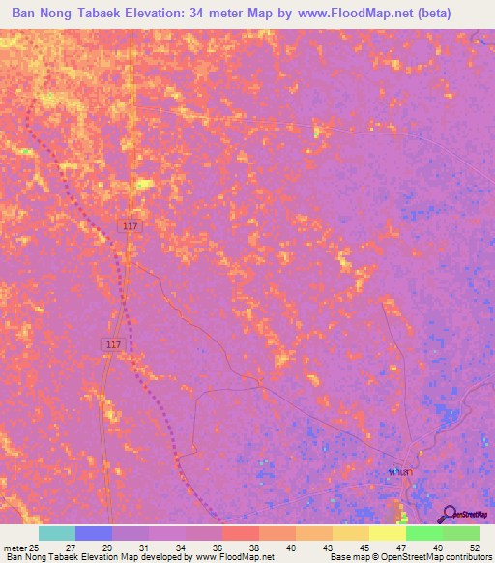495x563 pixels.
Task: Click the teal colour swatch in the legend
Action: pos(57,533)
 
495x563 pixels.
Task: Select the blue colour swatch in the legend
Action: pos(94,533)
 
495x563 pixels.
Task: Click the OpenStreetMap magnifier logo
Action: pos(447,514)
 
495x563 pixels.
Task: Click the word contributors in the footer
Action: pos(468,556)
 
